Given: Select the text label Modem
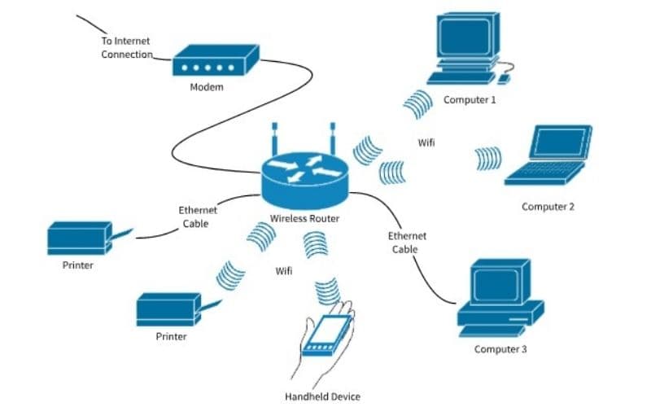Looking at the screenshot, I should [206, 88].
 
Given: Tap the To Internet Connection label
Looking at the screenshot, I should [126, 48].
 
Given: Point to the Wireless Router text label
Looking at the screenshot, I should [305, 219].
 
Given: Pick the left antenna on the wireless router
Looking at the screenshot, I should [275, 138].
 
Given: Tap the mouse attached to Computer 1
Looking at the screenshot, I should [505, 79].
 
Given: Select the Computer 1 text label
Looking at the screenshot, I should [470, 100].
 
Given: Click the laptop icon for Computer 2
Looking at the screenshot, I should [550, 155].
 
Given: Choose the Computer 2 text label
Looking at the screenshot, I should [548, 207].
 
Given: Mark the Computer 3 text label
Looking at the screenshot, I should [500, 349].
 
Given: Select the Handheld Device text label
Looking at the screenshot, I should [322, 396].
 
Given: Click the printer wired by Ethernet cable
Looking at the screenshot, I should [79, 238].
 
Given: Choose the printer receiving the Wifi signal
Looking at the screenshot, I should [168, 309].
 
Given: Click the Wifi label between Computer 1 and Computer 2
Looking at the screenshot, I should [426, 142].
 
